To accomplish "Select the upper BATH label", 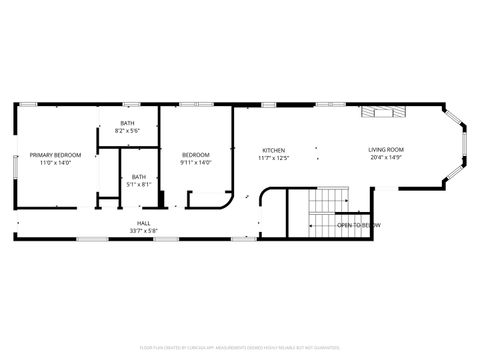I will [127, 124].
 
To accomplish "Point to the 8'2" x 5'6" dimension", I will [127, 131].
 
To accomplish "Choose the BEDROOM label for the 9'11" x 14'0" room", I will [196, 155].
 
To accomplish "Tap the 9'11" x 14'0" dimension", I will [196, 162].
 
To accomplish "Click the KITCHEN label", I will [273, 151].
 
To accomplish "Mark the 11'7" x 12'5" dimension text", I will [273, 158].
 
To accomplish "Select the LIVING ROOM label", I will [386, 150].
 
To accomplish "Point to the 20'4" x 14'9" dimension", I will [386, 157].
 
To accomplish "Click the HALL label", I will [144, 223].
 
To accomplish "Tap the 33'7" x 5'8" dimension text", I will [144, 230].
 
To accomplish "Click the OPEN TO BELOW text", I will [358, 226].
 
